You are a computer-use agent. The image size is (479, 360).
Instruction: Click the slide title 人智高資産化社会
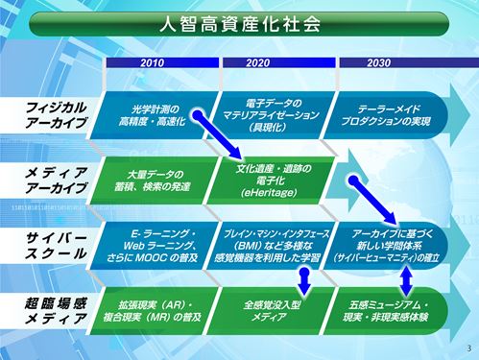239,24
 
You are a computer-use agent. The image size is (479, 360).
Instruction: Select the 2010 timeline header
158,62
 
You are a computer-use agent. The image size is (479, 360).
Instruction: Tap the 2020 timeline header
257,62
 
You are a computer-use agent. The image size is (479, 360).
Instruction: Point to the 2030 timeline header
378,62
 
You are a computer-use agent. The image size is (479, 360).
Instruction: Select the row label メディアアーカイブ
56,180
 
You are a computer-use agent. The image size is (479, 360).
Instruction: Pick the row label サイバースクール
56,244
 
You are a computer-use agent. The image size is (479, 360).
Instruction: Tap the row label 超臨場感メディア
56,307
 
